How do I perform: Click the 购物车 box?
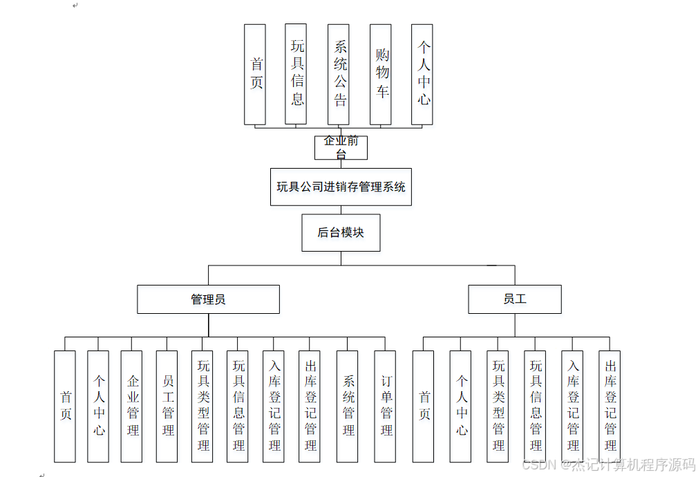point(381,75)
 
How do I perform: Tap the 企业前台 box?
point(341,147)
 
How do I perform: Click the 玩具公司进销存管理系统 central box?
point(341,187)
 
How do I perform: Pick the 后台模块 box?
point(341,232)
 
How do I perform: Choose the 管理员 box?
point(208,299)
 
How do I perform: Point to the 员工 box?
point(514,299)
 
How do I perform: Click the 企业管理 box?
point(132,406)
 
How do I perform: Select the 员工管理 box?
point(167,406)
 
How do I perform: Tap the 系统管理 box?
point(348,406)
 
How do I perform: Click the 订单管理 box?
point(385,406)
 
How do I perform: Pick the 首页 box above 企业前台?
point(255,75)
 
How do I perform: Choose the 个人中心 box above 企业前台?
point(422,75)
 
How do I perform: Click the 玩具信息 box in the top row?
point(296,75)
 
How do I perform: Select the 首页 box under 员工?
point(424,406)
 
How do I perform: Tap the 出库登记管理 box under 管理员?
point(310,406)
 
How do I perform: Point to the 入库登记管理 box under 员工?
point(573,406)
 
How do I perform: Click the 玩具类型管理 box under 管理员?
point(202,406)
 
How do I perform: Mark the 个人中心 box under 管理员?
point(98,406)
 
